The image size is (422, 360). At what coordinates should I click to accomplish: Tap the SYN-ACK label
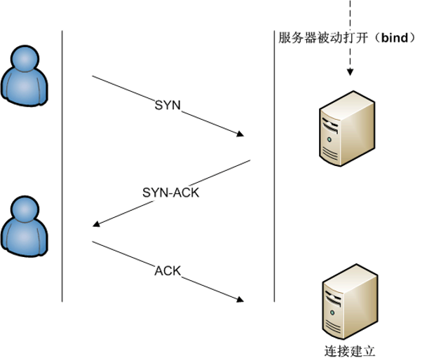point(170,191)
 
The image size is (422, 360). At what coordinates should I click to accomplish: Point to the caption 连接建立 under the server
point(350,349)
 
